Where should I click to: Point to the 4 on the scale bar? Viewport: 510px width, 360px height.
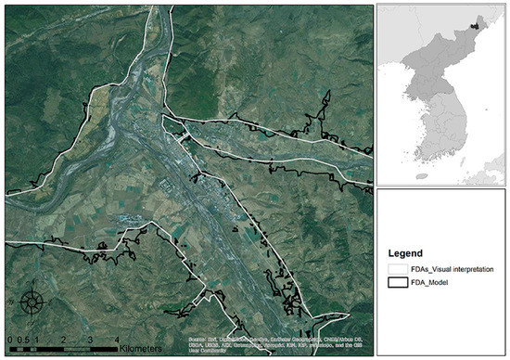coord(116,341)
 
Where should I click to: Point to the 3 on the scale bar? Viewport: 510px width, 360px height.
coord(89,341)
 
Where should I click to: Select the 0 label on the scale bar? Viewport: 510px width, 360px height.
coord(6,341)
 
